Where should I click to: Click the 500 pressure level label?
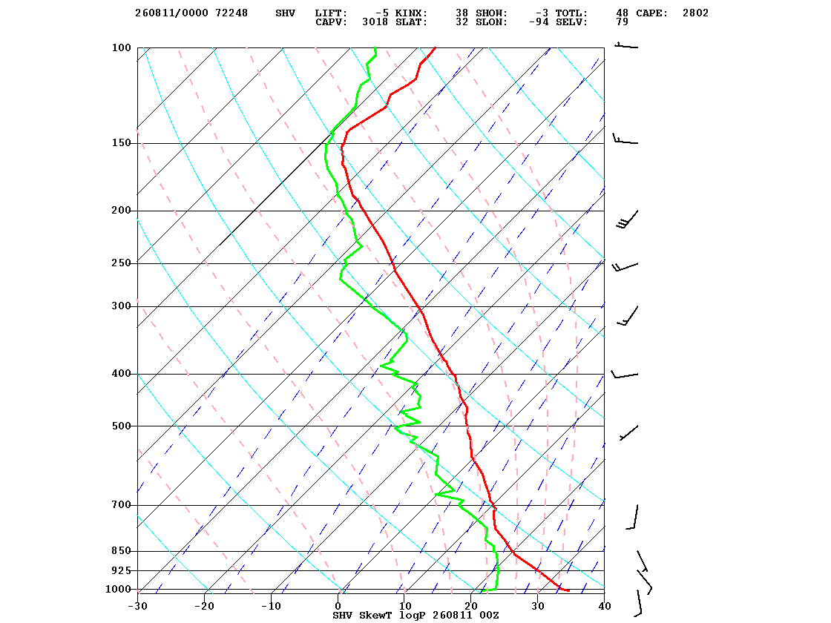pos(121,426)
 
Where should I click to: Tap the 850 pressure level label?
pos(121,551)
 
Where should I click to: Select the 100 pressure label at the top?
pos(121,47)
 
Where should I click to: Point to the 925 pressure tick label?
pos(121,570)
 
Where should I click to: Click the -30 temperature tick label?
pos(138,606)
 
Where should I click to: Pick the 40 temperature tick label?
pos(605,606)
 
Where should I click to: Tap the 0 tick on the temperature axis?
pos(338,606)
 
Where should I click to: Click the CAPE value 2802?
pos(695,13)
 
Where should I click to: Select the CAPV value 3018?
pos(375,22)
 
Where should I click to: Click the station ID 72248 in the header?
pos(231,13)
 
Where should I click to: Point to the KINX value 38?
pos(462,13)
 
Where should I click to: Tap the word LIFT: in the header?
pos(331,13)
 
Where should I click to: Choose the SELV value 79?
pos(623,22)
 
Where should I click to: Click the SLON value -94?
pos(539,22)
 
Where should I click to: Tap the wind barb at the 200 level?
pos(628,220)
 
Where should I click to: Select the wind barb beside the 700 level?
pos(632,517)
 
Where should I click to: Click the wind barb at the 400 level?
pos(625,375)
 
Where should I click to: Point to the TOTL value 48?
pos(623,13)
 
